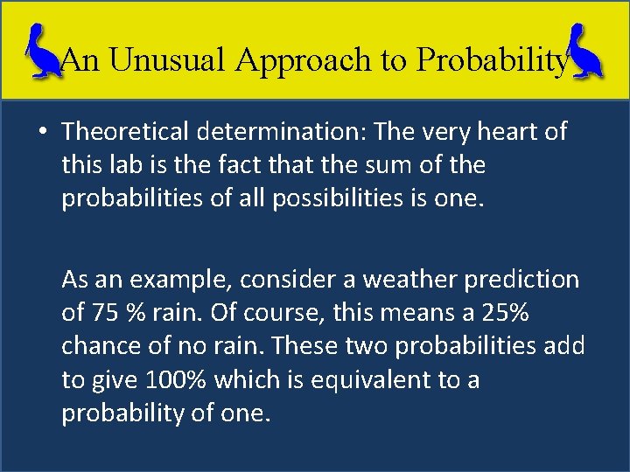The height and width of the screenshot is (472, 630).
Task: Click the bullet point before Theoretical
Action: (43, 132)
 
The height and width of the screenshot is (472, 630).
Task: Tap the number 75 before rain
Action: (100, 313)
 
